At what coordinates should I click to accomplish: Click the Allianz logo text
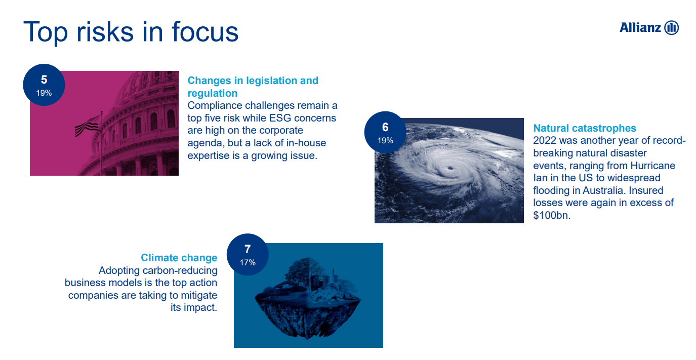coord(640,28)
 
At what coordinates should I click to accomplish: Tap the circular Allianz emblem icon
coord(672,28)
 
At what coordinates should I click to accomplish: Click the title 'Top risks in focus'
coord(131,32)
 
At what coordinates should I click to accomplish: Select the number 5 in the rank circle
coord(44,79)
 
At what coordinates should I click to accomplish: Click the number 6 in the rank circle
coord(385,127)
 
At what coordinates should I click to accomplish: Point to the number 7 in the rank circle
coord(248,249)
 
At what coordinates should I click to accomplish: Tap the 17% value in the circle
coord(248,263)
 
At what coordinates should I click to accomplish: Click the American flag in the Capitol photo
coord(87,127)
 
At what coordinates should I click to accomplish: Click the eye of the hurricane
coord(449,169)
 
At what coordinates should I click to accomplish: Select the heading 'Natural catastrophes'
coord(585,128)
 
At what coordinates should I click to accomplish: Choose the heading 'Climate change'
coord(179,258)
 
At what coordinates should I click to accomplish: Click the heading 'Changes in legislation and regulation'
coord(253,87)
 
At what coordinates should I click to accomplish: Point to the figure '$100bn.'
coord(552,215)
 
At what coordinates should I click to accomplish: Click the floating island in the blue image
coord(308,298)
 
